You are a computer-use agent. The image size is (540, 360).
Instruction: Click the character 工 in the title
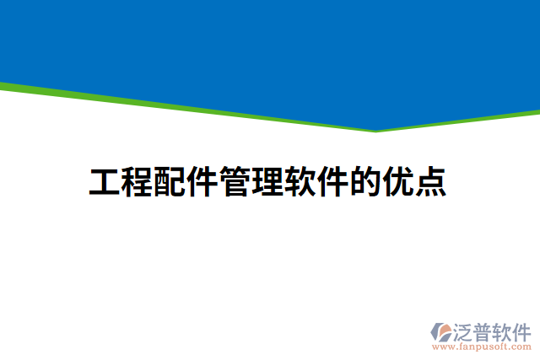click(105, 182)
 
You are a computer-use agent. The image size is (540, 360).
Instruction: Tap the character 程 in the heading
click(137, 182)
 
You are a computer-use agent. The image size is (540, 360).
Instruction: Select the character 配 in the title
click(170, 182)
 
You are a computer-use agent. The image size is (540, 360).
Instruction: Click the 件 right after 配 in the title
click(202, 182)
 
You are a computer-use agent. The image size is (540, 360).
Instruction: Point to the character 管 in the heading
click(235, 182)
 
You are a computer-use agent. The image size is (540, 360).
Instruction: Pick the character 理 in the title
click(267, 182)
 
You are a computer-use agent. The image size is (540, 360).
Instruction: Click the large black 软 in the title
click(300, 182)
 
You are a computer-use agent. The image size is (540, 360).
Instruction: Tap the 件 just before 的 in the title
click(332, 182)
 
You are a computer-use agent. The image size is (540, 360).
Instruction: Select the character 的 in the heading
click(365, 182)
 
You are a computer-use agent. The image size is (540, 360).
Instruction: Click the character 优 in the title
click(398, 182)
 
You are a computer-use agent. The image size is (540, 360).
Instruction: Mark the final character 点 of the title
click(430, 182)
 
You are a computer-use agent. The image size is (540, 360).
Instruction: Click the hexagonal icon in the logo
click(440, 331)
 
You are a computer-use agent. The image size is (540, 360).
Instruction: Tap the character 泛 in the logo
click(465, 330)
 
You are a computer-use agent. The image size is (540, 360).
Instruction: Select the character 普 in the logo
click(485, 330)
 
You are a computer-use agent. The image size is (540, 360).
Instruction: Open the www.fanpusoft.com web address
click(481, 347)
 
